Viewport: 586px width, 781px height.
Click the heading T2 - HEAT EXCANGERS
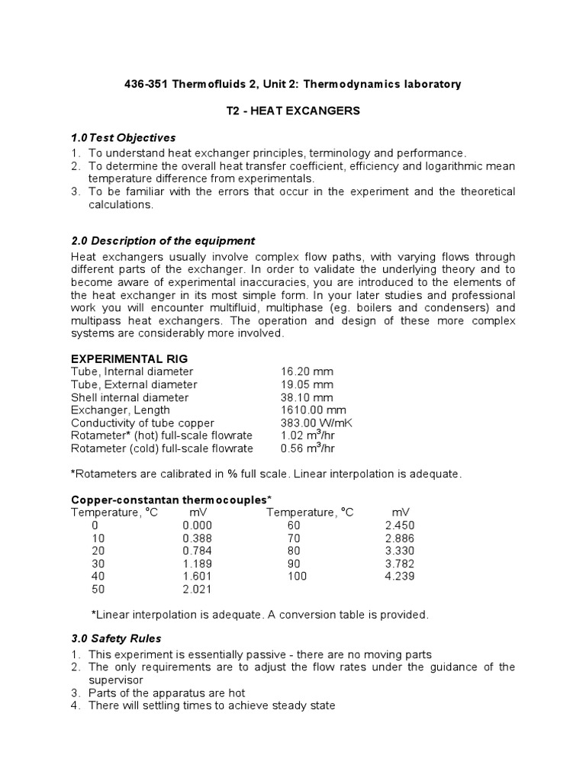[x=293, y=111]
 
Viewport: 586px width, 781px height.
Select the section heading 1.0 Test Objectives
[x=123, y=138]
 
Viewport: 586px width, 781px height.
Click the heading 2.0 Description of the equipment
[x=163, y=241]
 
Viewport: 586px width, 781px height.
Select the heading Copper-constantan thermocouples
[x=171, y=499]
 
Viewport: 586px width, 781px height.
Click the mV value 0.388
[x=197, y=538]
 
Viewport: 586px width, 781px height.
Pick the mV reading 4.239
[x=400, y=577]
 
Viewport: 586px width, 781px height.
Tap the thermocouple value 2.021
[x=197, y=590]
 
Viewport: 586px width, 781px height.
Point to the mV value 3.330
[x=400, y=551]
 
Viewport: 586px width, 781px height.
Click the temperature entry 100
[x=297, y=577]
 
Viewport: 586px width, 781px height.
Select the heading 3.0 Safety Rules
[x=116, y=638]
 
